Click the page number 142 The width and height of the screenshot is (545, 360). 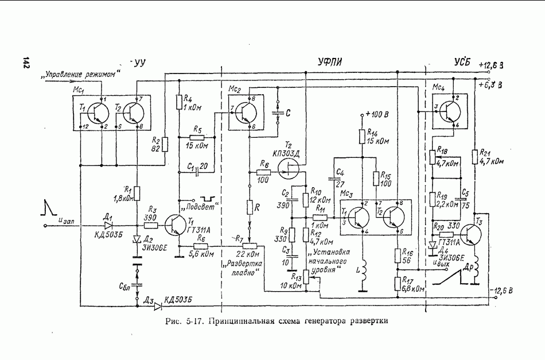click(x=25, y=63)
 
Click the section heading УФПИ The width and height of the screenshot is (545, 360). click(x=333, y=61)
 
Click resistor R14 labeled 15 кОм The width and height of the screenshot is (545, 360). click(x=362, y=137)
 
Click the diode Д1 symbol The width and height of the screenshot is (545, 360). click(x=107, y=226)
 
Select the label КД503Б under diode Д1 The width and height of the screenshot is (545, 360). click(x=107, y=234)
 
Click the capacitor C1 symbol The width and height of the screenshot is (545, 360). click(x=197, y=170)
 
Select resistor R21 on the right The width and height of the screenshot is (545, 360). click(x=474, y=157)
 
